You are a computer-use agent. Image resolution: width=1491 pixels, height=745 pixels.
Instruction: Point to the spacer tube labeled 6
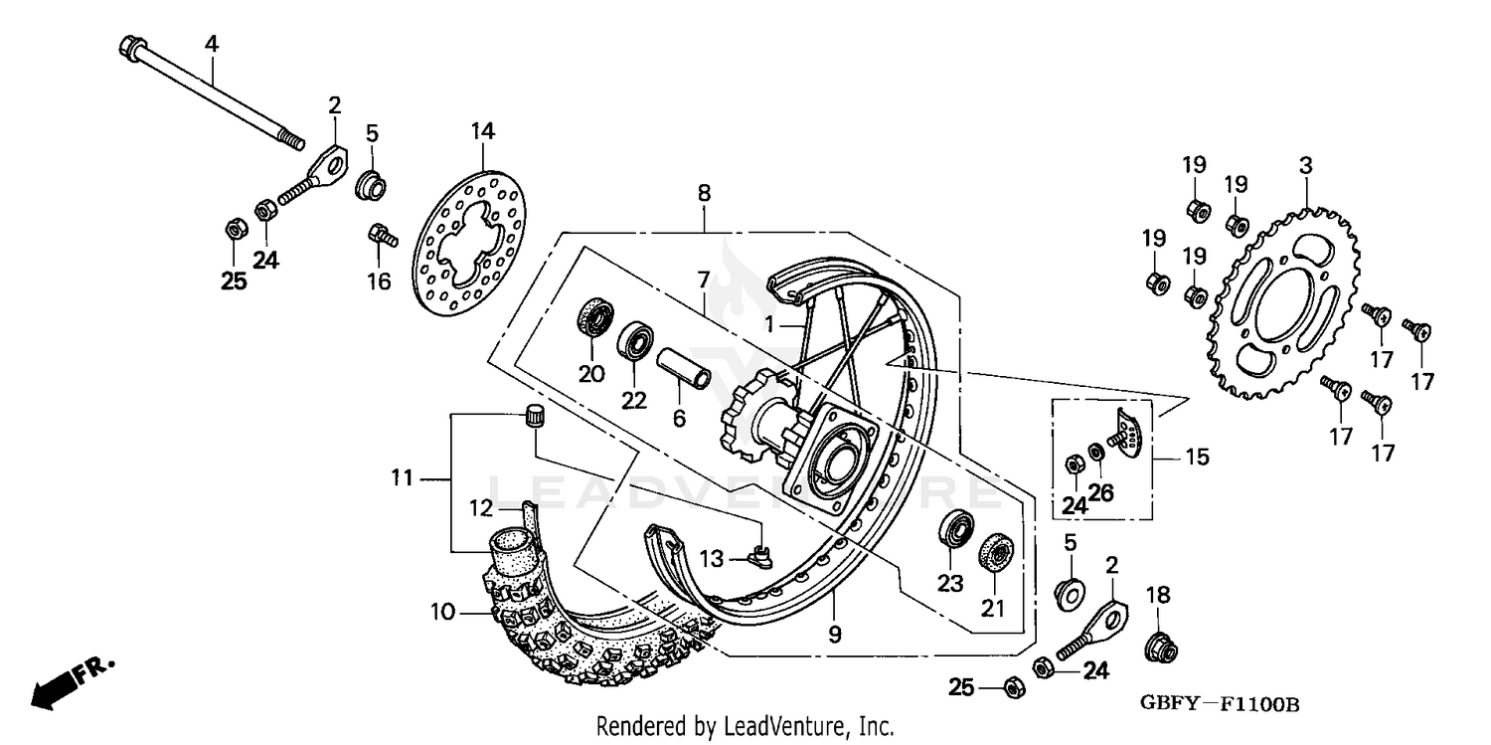683,367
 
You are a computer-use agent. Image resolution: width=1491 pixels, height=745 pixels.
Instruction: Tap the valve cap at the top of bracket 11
536,416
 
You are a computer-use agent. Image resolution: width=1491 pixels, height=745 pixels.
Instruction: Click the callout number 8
704,193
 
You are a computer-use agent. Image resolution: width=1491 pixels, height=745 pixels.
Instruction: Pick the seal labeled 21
995,552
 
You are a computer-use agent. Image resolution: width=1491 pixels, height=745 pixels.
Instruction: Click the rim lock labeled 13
760,555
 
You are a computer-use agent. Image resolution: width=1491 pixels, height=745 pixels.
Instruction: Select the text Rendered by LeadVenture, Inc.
745,726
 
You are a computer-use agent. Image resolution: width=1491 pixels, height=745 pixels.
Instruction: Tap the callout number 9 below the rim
834,634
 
